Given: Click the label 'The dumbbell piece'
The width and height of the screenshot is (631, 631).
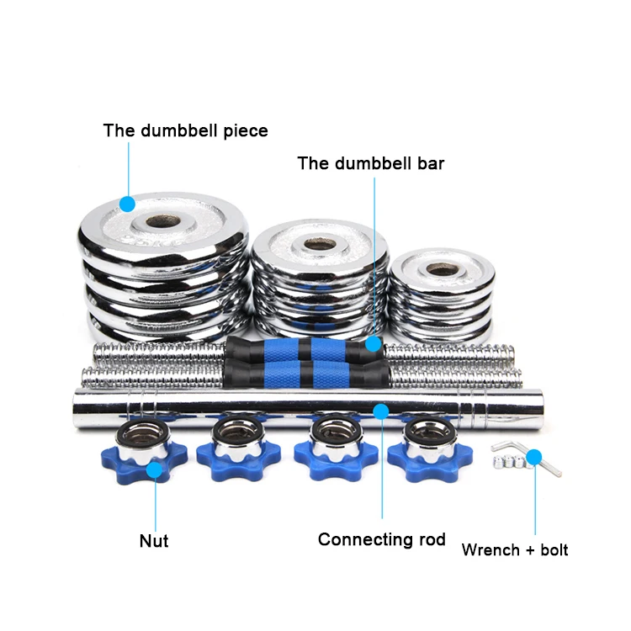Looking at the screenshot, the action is pos(185,130).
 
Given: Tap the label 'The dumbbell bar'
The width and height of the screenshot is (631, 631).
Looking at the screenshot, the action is pos(370,163).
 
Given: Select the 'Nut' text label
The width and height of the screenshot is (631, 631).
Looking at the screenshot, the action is pos(154,540).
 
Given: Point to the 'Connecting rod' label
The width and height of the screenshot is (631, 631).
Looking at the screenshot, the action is pos(382,539).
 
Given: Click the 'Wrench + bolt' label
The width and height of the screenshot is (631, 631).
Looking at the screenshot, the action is pos(515,550).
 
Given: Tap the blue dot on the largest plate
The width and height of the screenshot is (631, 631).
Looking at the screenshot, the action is pos(127,204).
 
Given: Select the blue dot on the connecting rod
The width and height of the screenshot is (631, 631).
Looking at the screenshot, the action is pos(381,411).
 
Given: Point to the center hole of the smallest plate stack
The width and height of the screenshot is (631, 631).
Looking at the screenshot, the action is pos(437,270).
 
